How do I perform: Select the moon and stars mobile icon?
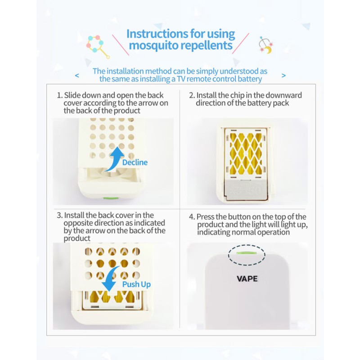pyautogui.click(x=265, y=45)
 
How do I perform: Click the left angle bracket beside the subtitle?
pyautogui.click(x=77, y=75)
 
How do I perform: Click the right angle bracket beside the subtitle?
pyautogui.click(x=283, y=75)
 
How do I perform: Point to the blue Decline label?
pyautogui.click(x=135, y=162)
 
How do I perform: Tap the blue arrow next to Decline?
pyautogui.click(x=115, y=159)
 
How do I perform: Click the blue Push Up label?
pyautogui.click(x=136, y=284)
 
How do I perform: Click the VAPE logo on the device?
pyautogui.click(x=247, y=279)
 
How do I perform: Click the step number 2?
pyautogui.click(x=192, y=95)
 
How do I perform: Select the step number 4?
pyautogui.click(x=192, y=217)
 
